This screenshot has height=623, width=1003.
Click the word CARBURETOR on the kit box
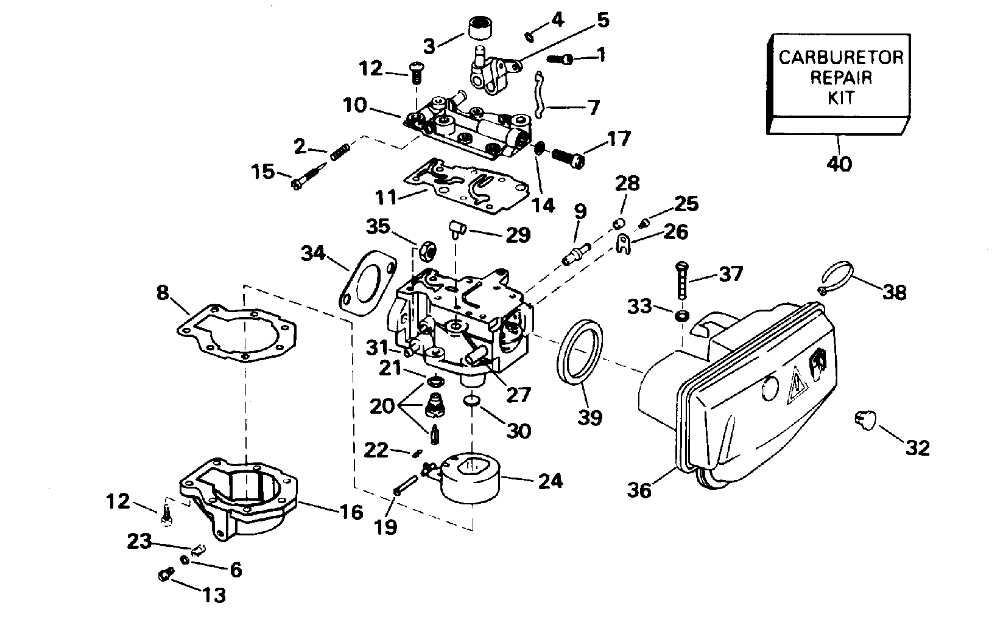842,58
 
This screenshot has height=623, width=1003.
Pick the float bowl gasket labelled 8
238,335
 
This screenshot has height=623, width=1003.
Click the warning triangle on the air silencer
796,385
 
